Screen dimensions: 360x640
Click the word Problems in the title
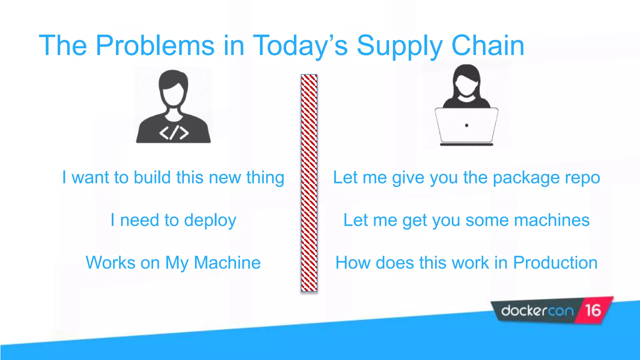pyautogui.click(x=155, y=46)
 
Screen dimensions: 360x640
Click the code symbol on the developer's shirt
pyautogui.click(x=174, y=133)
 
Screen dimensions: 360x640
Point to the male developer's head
pyautogui.click(x=173, y=87)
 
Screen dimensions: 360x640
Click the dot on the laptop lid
pyautogui.click(x=467, y=125)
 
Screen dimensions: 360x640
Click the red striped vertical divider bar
pyautogui.click(x=309, y=183)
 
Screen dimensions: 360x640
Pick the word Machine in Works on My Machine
pyautogui.click(x=227, y=262)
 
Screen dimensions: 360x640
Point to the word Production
pyautogui.click(x=555, y=262)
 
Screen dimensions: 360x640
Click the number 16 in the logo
pyautogui.click(x=592, y=311)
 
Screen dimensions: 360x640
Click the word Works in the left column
pyautogui.click(x=110, y=262)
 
